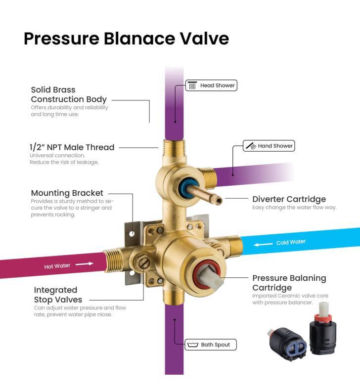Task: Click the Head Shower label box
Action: (211, 86)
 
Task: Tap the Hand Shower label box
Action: (269, 146)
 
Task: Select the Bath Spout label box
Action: (211, 345)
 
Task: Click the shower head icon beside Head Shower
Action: (192, 85)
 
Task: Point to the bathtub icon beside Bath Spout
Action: (192, 345)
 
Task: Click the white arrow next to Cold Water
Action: (263, 245)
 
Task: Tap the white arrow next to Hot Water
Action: (85, 264)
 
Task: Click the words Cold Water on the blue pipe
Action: (291, 242)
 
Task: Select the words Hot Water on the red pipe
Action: (57, 266)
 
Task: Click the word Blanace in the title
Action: (139, 39)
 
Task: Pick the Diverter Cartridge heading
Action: (289, 199)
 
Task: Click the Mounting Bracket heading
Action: (67, 193)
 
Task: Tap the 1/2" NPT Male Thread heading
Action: (72, 147)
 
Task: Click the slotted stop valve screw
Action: (143, 262)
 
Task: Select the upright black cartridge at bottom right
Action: (323, 328)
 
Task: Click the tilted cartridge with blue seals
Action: (288, 344)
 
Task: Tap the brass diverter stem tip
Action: (219, 201)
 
